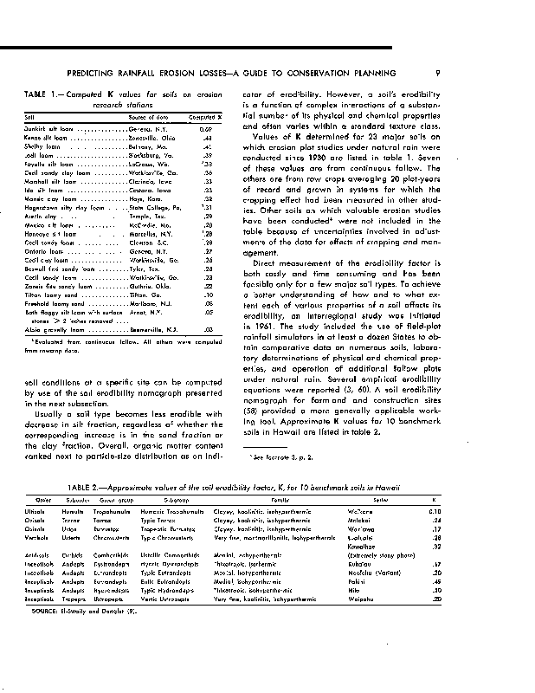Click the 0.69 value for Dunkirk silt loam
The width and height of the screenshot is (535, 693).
point(217,128)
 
